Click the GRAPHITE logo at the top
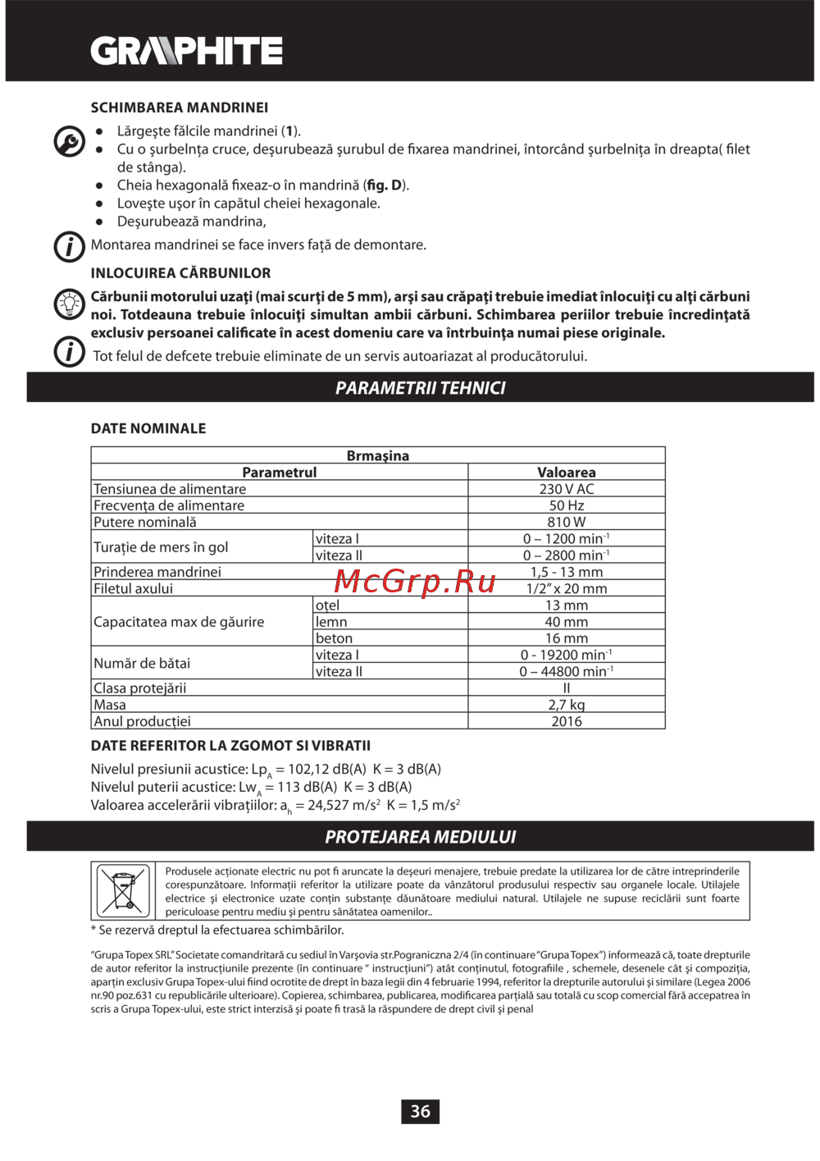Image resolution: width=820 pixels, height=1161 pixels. pos(187,51)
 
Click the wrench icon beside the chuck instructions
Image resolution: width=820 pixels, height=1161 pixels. pos(69,141)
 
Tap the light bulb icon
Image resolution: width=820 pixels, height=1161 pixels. pos(70,304)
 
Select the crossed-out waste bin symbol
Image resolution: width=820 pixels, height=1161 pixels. pos(123,890)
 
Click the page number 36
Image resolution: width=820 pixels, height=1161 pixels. pos(420,1111)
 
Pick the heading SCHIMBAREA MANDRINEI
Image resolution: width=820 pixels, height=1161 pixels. pos(180,107)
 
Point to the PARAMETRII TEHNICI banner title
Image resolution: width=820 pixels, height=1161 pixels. pos(420,388)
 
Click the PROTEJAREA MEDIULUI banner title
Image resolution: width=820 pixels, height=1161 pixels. pos(420,837)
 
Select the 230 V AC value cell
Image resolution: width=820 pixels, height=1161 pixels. pos(566,489)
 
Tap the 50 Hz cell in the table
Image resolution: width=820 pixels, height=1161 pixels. pos(566,505)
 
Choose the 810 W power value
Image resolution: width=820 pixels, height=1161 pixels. pos(566,522)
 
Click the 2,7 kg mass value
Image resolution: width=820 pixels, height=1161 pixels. pos(566,705)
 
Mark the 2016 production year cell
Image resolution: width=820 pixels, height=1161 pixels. pos(566,721)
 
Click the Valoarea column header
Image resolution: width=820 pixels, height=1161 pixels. pos(566,473)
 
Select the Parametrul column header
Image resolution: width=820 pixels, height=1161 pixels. pos(279,473)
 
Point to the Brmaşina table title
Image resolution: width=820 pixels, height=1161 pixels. pos(377,455)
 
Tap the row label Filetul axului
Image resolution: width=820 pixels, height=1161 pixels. pos(134,588)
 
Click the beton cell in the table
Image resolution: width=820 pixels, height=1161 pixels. pos(334,638)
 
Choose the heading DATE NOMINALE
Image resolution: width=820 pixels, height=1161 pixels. pos(148,428)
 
